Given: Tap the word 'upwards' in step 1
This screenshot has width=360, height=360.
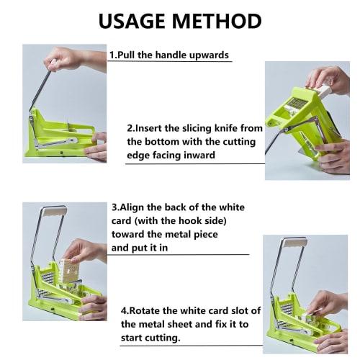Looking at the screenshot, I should click(209, 55).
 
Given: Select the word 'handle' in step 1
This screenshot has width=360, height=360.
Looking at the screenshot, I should click(171, 55).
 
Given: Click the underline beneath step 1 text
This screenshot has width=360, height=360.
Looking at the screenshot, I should click(170, 63).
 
